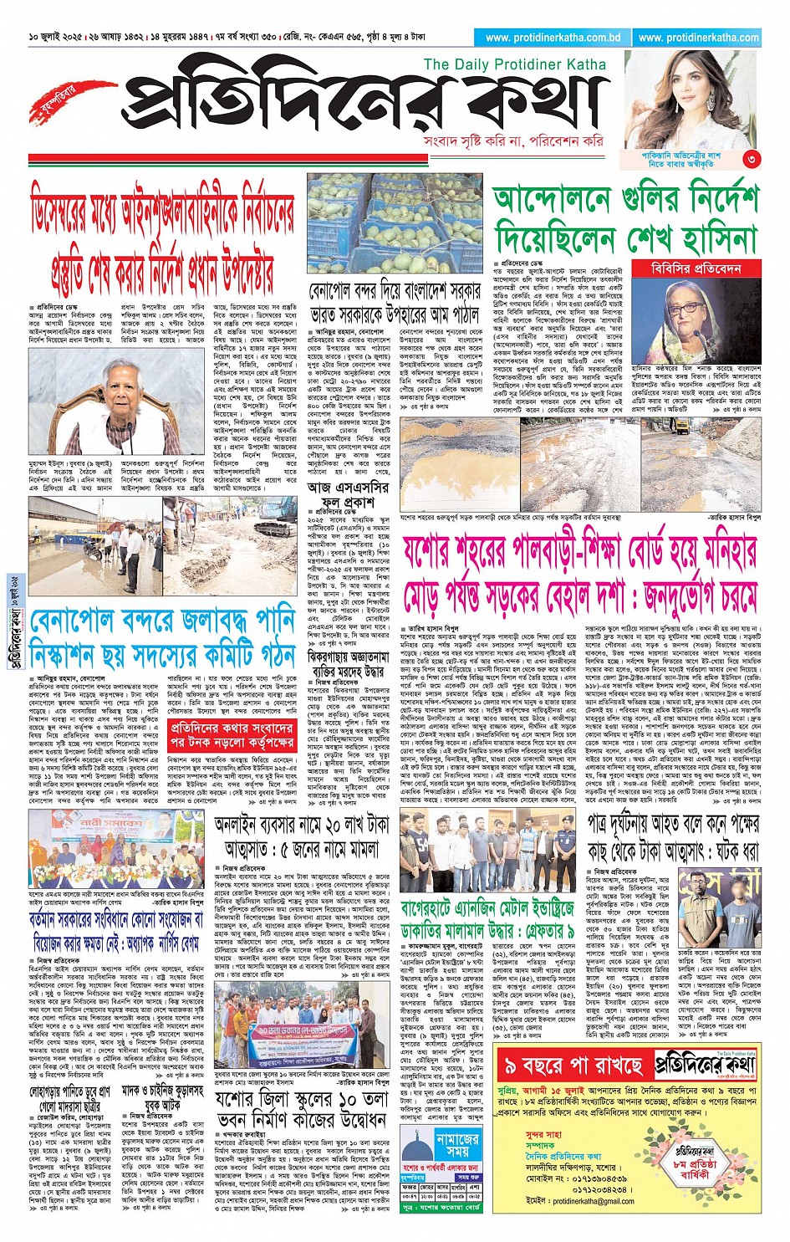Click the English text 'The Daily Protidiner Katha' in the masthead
[518, 64]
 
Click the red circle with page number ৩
[752, 158]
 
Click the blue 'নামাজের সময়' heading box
[458, 1145]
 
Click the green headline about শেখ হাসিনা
[624, 220]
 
